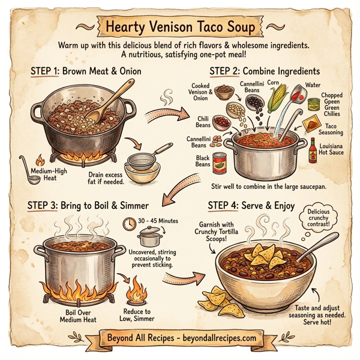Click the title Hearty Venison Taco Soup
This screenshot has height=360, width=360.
180,27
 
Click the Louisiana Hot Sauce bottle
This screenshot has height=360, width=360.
313,150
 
